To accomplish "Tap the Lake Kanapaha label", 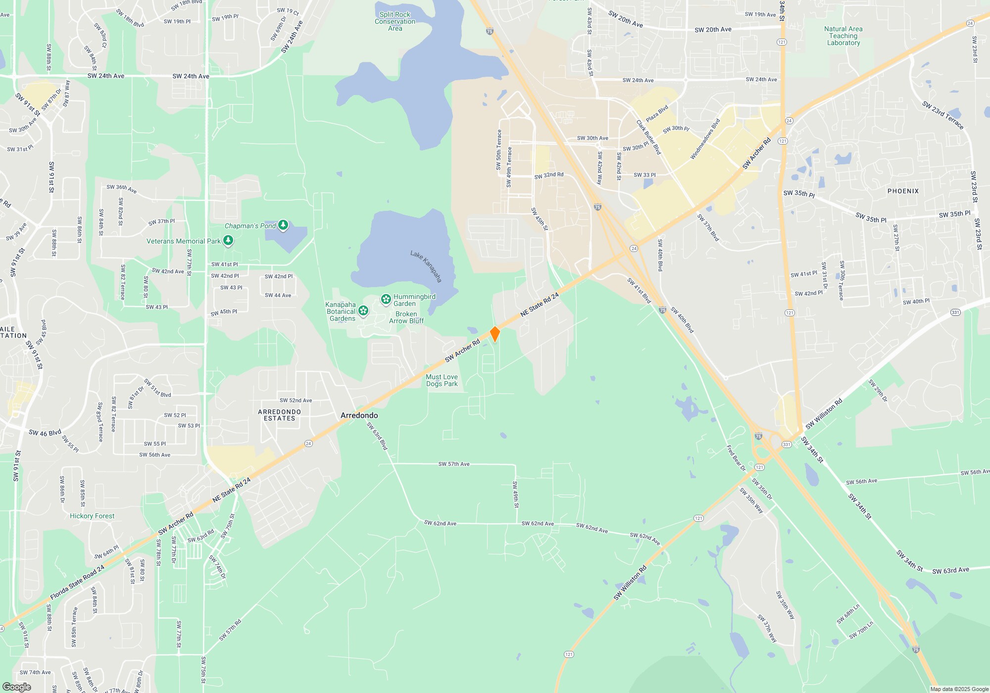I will point(426,266).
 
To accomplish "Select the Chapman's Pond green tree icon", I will point(283,226).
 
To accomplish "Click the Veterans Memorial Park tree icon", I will point(228,241).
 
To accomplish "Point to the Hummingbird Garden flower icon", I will point(386,299).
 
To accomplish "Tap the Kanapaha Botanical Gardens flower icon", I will point(363,311).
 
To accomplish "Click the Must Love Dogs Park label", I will point(442,380).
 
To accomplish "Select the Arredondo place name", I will point(359,415).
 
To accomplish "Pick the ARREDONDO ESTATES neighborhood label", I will point(279,415).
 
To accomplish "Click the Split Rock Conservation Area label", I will point(395,21).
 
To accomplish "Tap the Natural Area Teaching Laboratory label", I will point(843,36).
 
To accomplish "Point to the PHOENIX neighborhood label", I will point(903,191).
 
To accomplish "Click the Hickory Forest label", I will point(92,516).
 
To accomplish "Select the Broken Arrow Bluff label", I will point(406,317).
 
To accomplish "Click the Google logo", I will point(16,687).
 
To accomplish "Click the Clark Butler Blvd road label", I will point(648,137).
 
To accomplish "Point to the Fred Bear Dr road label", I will point(736,458).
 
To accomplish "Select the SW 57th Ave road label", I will point(453,464).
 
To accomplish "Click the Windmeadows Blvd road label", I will point(705,139).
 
